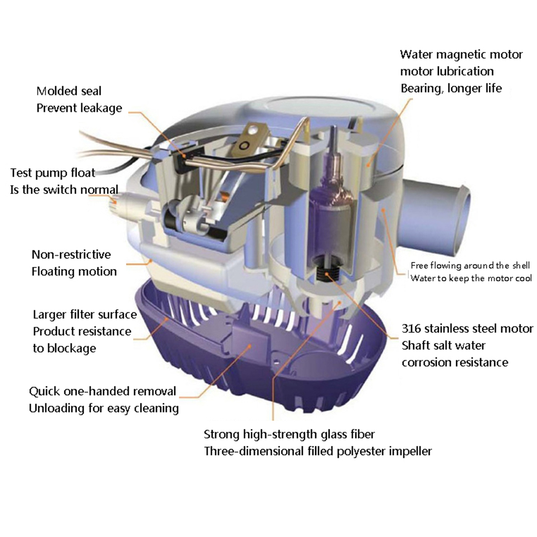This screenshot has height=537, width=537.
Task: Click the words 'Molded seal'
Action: click(69, 91)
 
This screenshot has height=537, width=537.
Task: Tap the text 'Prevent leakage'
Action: click(79, 108)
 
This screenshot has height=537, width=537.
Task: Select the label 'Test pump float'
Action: click(53, 173)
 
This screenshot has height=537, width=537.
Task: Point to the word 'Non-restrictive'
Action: click(71, 255)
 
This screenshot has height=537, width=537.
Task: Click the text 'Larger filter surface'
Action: click(85, 315)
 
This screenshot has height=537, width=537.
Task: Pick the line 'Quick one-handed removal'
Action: click(102, 391)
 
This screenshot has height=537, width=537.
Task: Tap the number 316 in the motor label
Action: click(411, 329)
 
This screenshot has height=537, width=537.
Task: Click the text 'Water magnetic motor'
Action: click(461, 55)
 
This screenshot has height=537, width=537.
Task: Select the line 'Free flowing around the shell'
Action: click(470, 265)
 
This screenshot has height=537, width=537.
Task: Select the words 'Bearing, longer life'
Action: click(451, 89)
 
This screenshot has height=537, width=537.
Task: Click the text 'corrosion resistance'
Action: click(455, 362)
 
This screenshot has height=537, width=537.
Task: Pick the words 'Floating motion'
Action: click(74, 272)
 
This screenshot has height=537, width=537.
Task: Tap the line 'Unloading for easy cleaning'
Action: click(104, 408)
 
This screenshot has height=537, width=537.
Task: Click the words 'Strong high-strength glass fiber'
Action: click(289, 435)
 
